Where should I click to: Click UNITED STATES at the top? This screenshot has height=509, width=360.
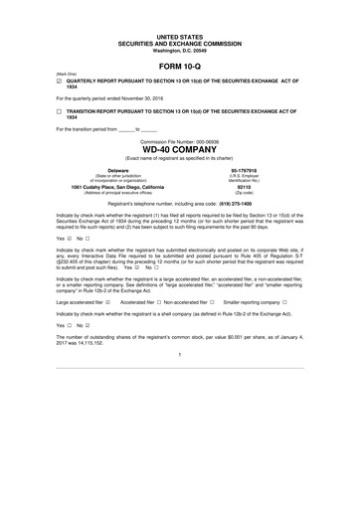pos(179,36)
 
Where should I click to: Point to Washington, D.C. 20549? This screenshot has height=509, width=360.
pos(179,50)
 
